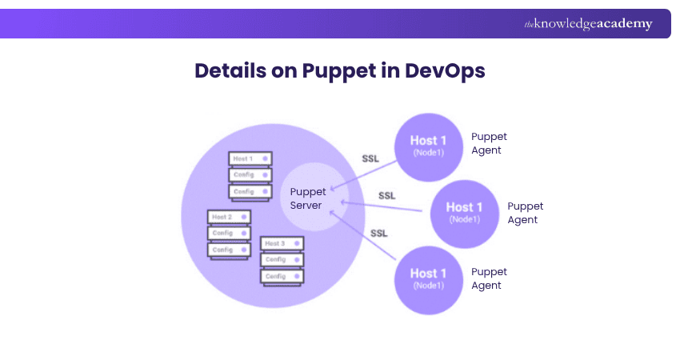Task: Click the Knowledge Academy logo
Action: coord(588,24)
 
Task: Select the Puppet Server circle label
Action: coord(307,198)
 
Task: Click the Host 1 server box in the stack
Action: coord(250,159)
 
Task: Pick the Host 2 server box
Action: coord(230,217)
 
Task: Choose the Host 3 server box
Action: coord(282,243)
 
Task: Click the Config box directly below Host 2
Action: coord(230,234)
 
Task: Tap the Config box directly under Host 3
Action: coord(282,260)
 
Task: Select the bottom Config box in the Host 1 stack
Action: coord(250,192)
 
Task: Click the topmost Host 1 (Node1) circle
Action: coord(428,146)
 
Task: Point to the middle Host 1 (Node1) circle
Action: coord(464,213)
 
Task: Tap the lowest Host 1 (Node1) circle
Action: coord(428,278)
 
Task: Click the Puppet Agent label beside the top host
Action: coord(489,143)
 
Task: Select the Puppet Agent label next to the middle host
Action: coord(526,213)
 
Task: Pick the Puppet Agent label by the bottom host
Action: coord(489,278)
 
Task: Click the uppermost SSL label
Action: coord(370,158)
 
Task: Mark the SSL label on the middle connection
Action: coord(386,195)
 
